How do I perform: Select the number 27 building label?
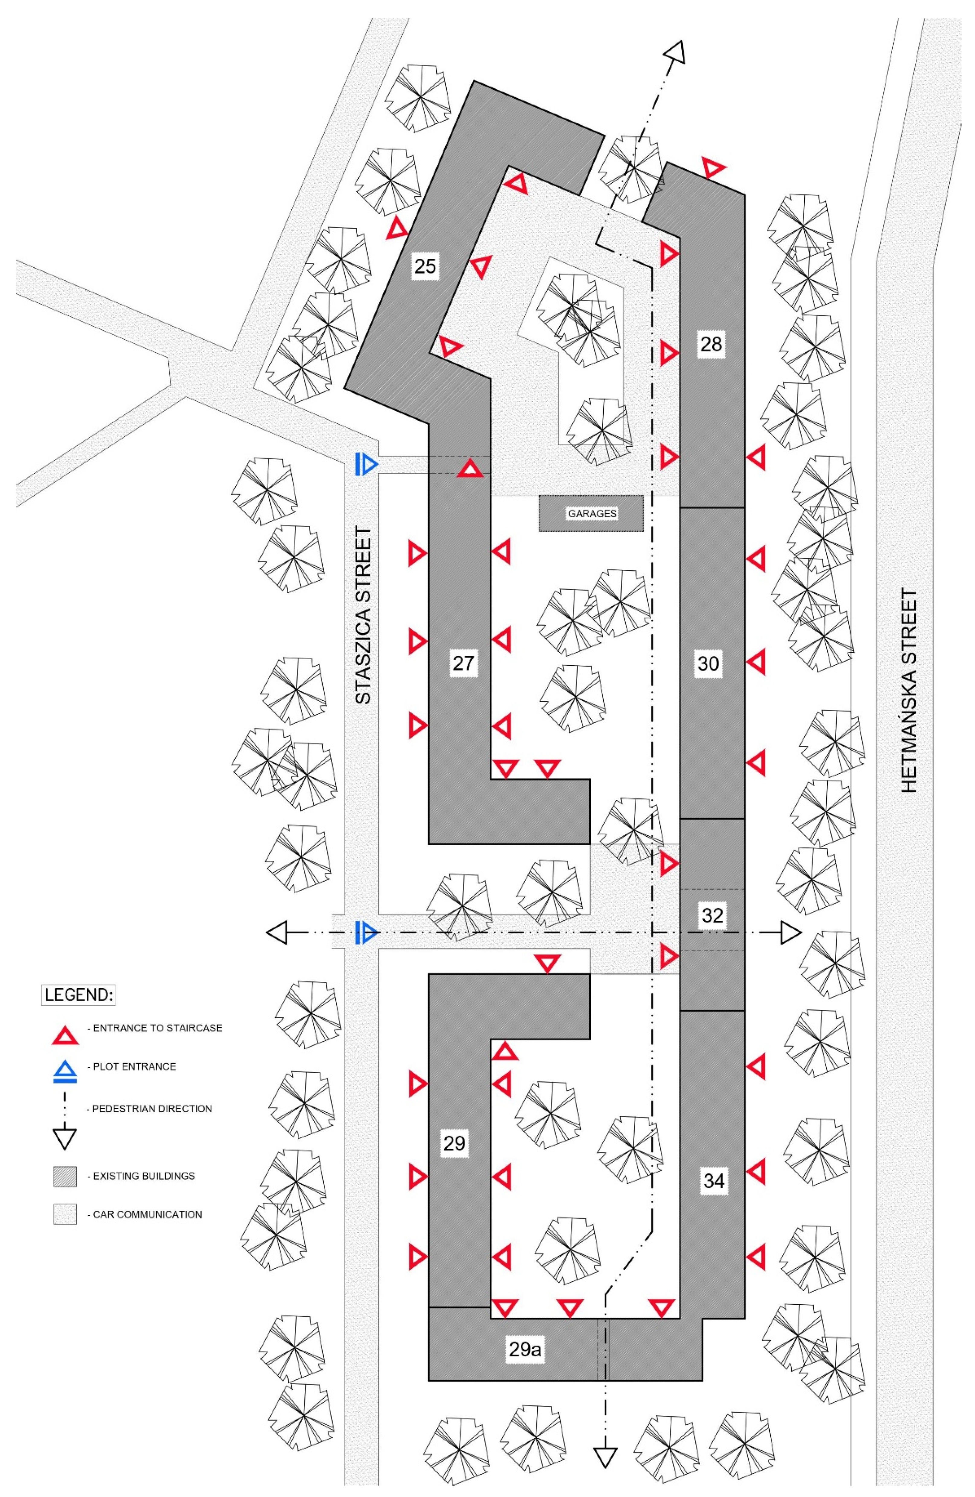click(x=463, y=663)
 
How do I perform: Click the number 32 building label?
click(x=712, y=915)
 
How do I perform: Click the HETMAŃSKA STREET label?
click(x=909, y=690)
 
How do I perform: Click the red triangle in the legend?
click(x=65, y=1036)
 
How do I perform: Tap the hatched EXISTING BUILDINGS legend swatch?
click(x=65, y=1176)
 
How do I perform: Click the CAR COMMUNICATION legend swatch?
click(x=65, y=1215)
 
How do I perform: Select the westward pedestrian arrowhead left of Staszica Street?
click(x=277, y=932)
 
